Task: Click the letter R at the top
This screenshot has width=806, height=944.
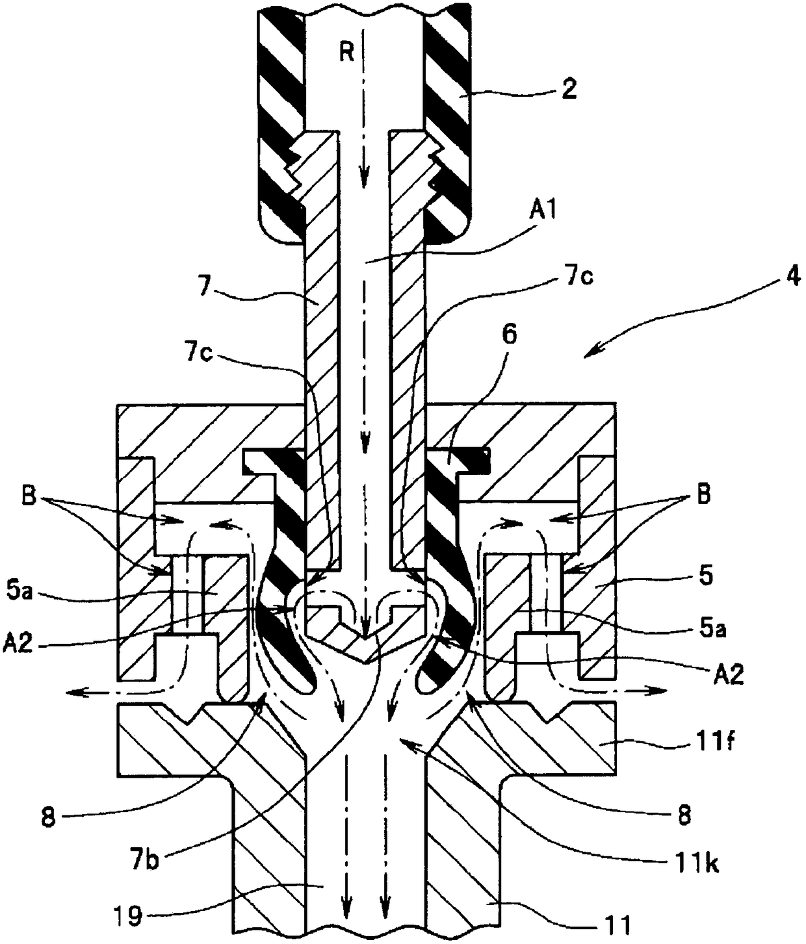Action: (348, 53)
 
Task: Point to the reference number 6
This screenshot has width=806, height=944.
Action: (510, 335)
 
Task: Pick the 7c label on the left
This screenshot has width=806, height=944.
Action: (199, 355)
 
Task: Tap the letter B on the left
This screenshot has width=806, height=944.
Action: (29, 496)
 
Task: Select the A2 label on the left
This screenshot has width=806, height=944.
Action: (18, 643)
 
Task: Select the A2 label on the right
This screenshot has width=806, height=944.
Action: (728, 674)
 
